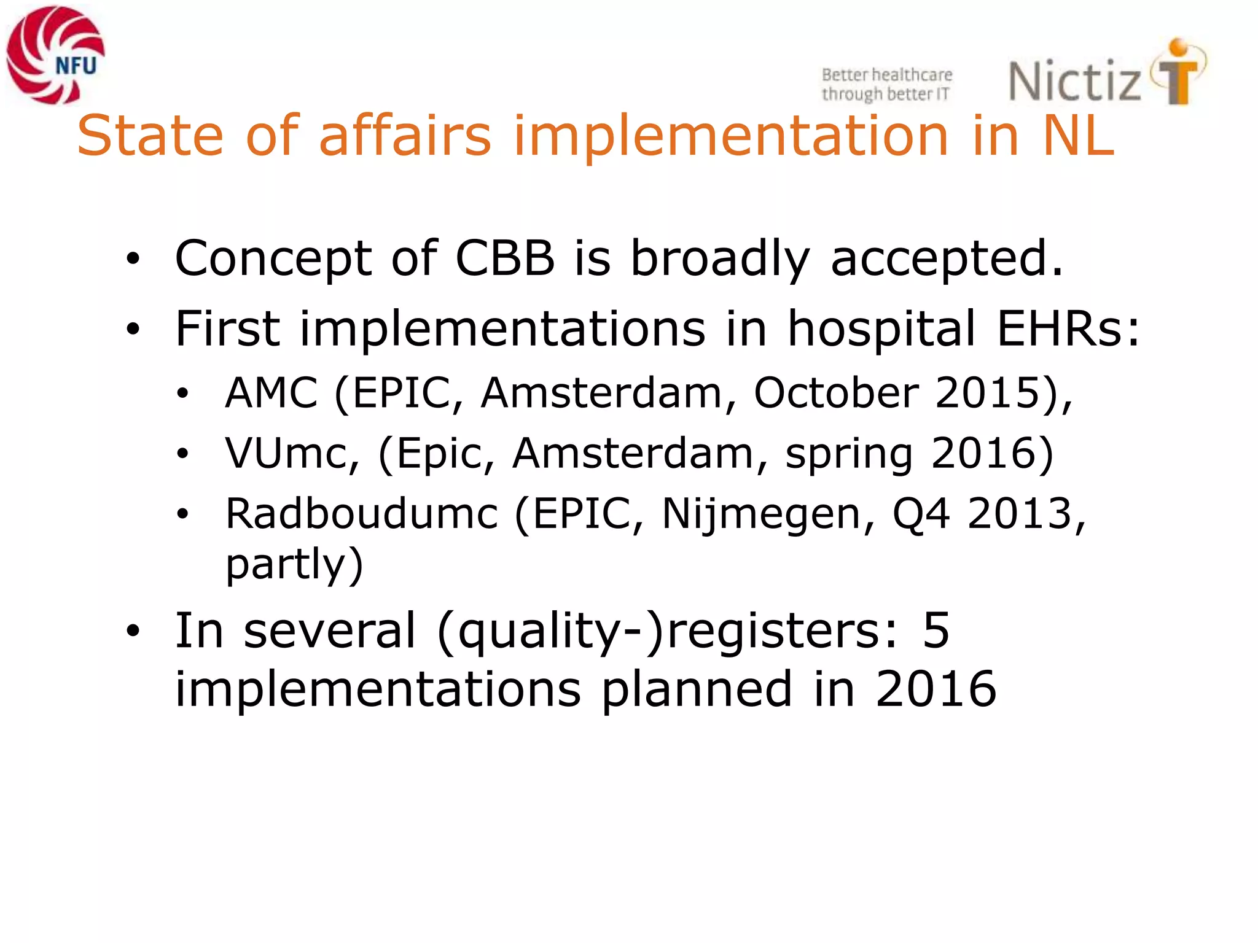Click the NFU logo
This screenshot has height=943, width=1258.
coord(55,55)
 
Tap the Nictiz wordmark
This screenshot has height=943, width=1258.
coord(1075,81)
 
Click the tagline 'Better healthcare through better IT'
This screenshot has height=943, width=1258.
coord(886,84)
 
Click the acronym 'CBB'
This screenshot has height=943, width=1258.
coord(505,258)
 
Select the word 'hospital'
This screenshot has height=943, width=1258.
coord(881,328)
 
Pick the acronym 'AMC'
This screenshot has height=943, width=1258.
coord(272,392)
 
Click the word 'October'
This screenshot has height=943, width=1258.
coord(836,392)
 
